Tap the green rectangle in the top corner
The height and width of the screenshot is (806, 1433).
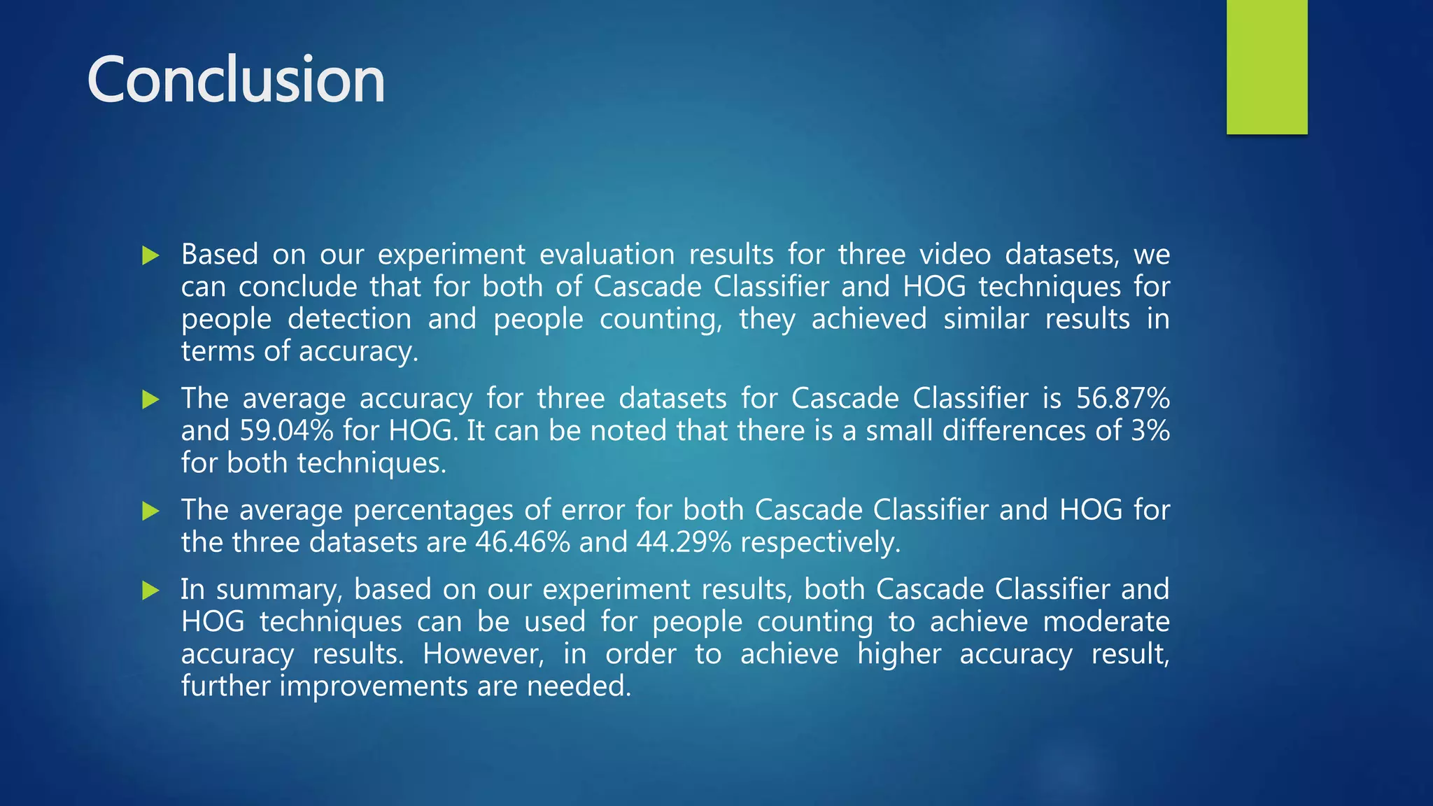coord(1266,66)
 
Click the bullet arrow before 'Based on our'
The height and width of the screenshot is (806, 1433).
coord(150,255)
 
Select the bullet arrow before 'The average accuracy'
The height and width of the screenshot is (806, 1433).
coord(150,400)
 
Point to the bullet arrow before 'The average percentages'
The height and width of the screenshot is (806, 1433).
coord(150,511)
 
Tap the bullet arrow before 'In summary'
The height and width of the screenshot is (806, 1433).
coord(150,591)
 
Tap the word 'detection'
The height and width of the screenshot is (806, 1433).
coord(349,319)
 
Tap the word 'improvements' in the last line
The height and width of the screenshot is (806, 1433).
coord(374,686)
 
